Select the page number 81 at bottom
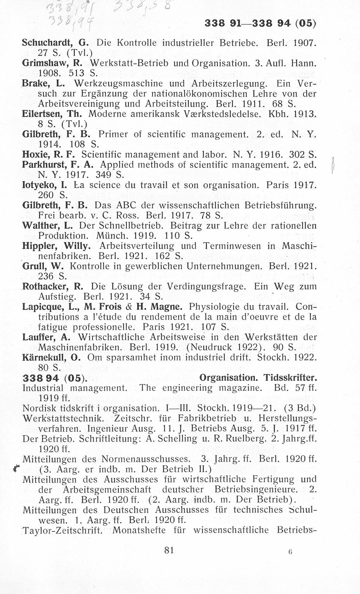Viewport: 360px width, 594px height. [x=169, y=550]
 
